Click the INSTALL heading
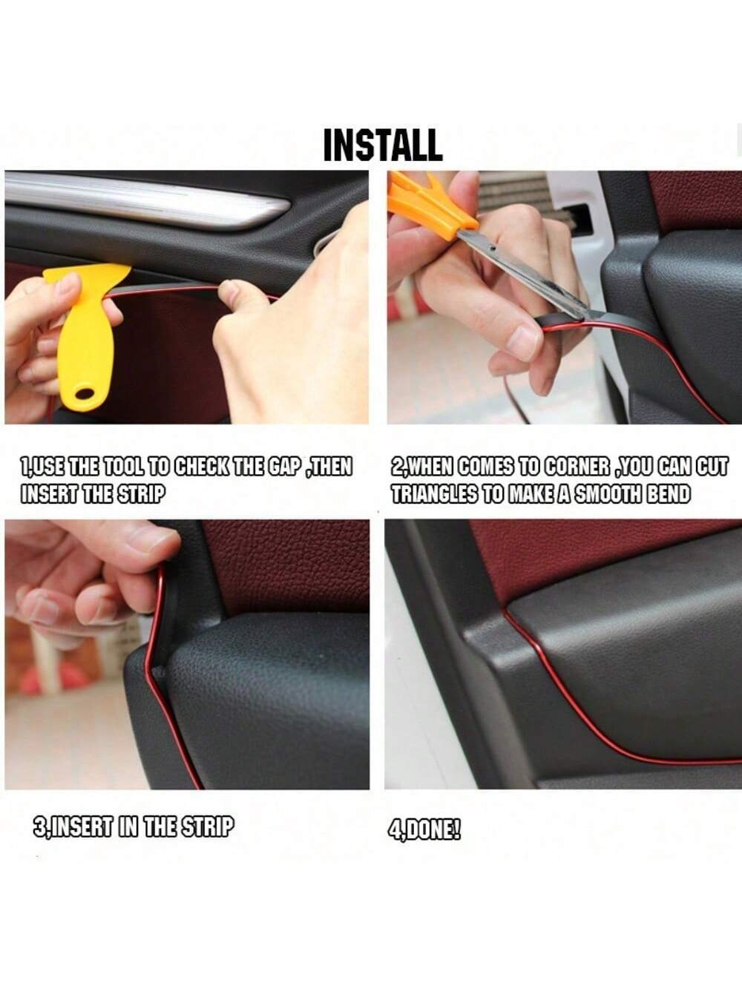pyautogui.click(x=383, y=145)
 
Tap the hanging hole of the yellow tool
pyautogui.click(x=85, y=394)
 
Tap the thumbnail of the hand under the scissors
pyautogui.click(x=525, y=343)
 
